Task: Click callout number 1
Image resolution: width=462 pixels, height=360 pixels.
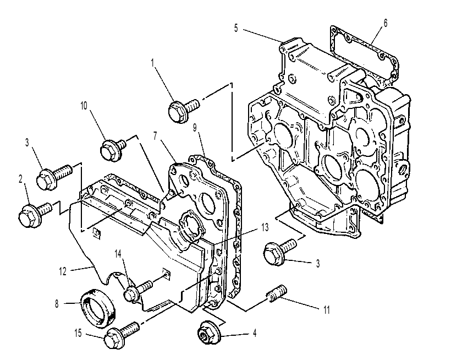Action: coord(152,63)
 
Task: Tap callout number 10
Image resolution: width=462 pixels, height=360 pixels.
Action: coord(84,106)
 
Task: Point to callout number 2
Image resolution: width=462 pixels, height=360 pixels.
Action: coord(20,179)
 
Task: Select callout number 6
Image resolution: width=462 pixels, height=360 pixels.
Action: coord(386,23)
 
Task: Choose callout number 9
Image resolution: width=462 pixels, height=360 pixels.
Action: coord(195,128)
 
